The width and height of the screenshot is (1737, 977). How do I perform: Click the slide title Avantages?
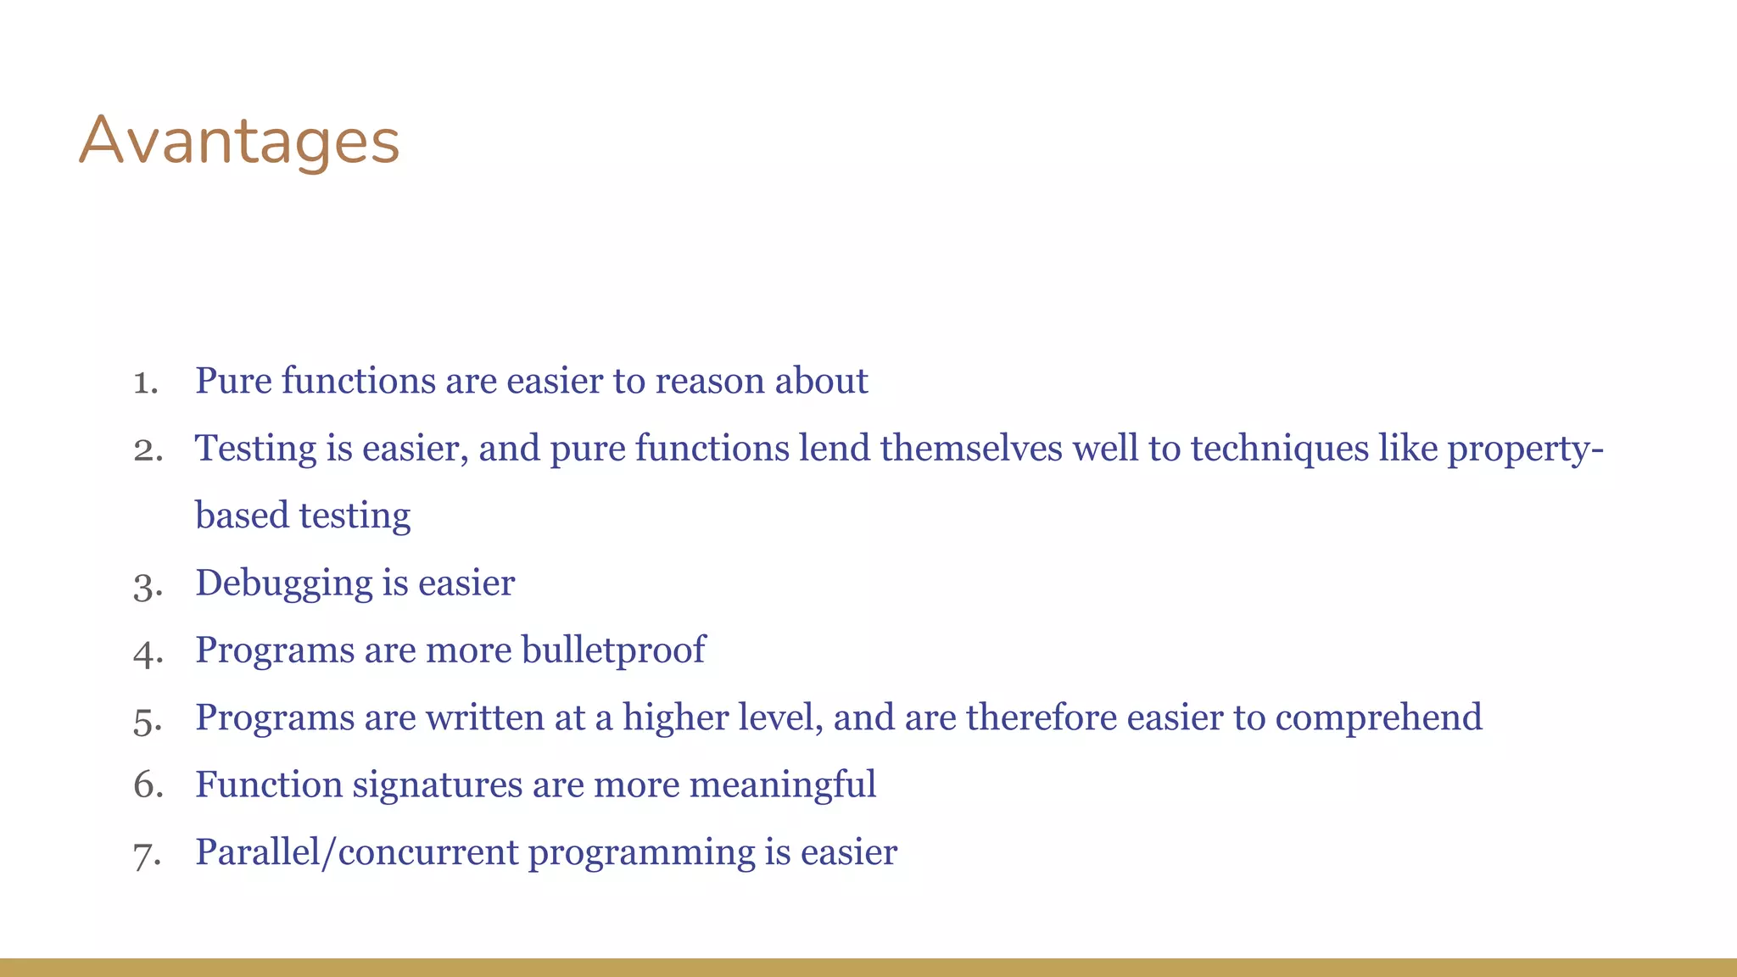[239, 142]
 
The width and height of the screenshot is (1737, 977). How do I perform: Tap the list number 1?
[146, 382]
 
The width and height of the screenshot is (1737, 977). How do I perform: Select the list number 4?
[148, 652]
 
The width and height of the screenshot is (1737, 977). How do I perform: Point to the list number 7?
[147, 854]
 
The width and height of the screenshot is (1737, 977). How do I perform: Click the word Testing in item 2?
[255, 449]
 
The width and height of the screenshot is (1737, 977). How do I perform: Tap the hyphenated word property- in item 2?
[1525, 449]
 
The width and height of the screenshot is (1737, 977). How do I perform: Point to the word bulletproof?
[613, 650]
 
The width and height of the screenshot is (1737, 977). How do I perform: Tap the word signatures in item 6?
[437, 785]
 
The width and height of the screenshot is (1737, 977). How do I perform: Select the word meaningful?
[783, 785]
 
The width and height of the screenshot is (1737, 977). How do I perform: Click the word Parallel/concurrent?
[356, 852]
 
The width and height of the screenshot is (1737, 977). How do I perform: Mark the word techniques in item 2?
[1279, 449]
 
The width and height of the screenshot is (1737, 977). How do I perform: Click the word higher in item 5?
[675, 718]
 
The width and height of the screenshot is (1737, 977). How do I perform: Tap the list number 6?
[148, 785]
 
